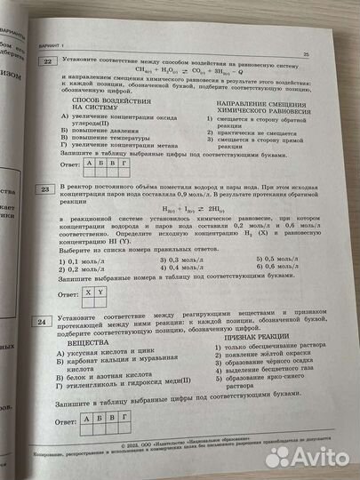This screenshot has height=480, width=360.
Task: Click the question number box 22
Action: pos(46,61)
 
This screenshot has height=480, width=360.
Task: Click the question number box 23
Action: pos(43,189)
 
